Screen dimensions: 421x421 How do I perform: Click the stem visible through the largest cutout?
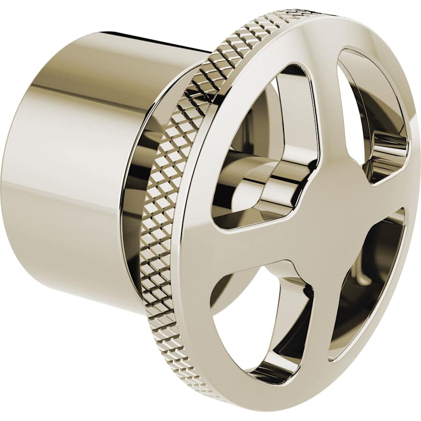click(x=262, y=182)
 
